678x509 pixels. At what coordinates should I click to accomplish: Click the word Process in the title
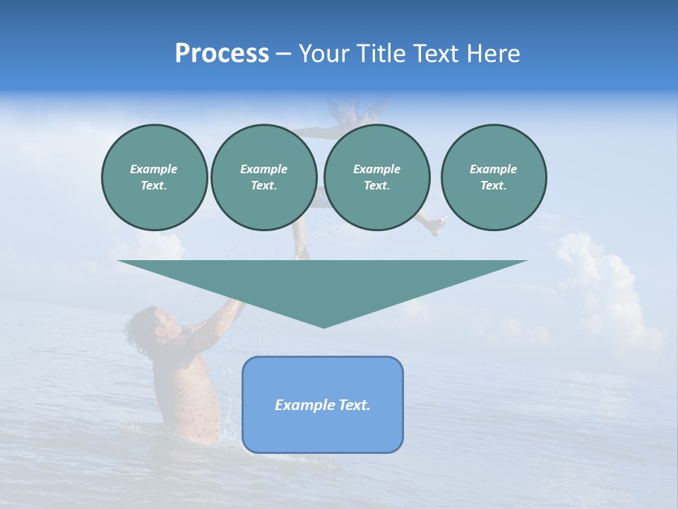pyautogui.click(x=222, y=54)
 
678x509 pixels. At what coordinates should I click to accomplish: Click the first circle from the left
pyautogui.click(x=154, y=177)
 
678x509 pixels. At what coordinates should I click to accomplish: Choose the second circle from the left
pyautogui.click(x=263, y=177)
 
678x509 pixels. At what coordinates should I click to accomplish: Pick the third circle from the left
pyautogui.click(x=376, y=177)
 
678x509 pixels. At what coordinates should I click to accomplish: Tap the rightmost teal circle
pyautogui.click(x=493, y=177)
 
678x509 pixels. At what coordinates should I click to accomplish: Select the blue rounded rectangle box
pyautogui.click(x=323, y=431)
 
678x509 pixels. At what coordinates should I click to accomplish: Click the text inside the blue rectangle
pyautogui.click(x=323, y=405)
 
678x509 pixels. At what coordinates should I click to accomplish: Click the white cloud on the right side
pyautogui.click(x=600, y=283)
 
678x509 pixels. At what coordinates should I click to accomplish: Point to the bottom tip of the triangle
pyautogui.click(x=323, y=326)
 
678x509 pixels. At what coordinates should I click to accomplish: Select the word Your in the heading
pyautogui.click(x=323, y=54)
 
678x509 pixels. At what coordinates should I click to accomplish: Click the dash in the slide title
pyautogui.click(x=284, y=54)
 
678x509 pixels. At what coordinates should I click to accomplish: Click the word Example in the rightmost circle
pyautogui.click(x=493, y=169)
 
